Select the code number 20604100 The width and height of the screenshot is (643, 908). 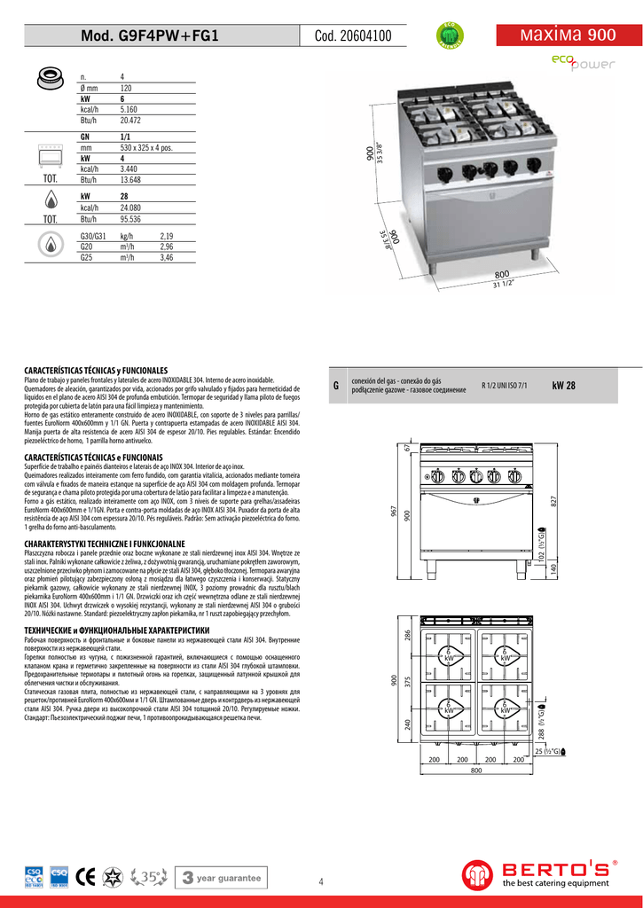pyautogui.click(x=352, y=36)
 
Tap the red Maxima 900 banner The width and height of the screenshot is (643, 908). pyautogui.click(x=569, y=35)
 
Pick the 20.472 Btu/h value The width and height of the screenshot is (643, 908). pyautogui.click(x=130, y=120)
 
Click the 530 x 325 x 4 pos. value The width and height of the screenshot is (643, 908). pyautogui.click(x=145, y=148)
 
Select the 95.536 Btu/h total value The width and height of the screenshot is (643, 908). pyautogui.click(x=130, y=218)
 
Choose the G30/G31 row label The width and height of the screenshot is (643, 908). pyautogui.click(x=92, y=238)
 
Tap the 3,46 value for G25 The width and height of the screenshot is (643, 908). pyautogui.click(x=166, y=258)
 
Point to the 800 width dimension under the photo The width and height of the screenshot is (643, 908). pyautogui.click(x=502, y=275)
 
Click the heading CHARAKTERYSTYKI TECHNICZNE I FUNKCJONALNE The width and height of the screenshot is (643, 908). pyautogui.click(x=105, y=542)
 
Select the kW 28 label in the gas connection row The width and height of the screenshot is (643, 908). pyautogui.click(x=563, y=386)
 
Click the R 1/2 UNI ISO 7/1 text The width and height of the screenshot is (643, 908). pyautogui.click(x=504, y=386)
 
